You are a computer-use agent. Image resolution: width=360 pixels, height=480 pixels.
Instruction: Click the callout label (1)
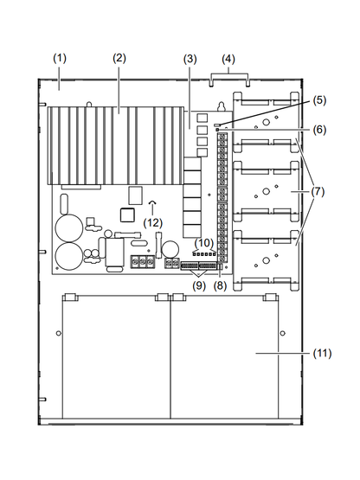(x=59, y=58)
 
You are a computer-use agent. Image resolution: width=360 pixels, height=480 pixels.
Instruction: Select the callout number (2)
(x=119, y=58)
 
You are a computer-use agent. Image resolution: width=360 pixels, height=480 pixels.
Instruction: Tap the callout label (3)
(x=190, y=58)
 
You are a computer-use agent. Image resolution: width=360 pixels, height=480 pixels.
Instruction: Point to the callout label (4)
(x=228, y=58)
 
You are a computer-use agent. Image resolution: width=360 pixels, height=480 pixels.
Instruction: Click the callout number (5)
(x=320, y=99)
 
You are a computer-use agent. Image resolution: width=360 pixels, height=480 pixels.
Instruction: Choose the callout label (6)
(x=320, y=129)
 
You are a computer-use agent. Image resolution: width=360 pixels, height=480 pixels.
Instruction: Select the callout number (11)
(x=322, y=353)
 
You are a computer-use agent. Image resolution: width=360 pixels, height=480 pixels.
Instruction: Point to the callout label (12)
(x=152, y=222)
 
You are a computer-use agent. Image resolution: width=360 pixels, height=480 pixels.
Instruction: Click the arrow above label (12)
(x=152, y=206)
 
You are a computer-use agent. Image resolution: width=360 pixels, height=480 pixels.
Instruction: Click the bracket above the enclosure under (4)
(x=229, y=78)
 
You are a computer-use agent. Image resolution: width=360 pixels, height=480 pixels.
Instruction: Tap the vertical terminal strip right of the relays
(x=222, y=200)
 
